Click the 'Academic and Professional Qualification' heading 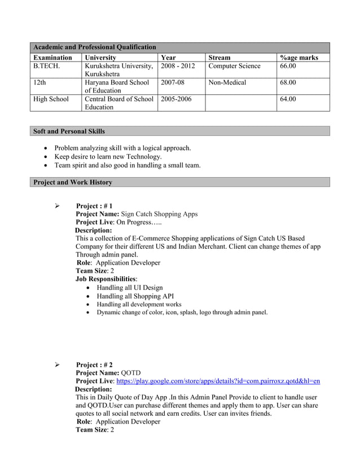click(x=95, y=47)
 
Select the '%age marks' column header click(x=299, y=58)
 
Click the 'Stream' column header click(x=219, y=58)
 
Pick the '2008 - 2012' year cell click(x=178, y=67)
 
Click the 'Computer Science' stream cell click(x=234, y=67)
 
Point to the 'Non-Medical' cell click(x=227, y=83)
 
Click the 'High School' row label click(x=51, y=99)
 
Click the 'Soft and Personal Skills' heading click(x=69, y=131)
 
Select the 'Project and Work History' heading click(x=73, y=182)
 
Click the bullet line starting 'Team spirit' click(x=127, y=165)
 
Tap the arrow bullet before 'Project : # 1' click(x=57, y=206)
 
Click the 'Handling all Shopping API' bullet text click(x=135, y=296)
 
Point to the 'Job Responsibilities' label click(x=106, y=279)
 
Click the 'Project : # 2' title click(x=94, y=365)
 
